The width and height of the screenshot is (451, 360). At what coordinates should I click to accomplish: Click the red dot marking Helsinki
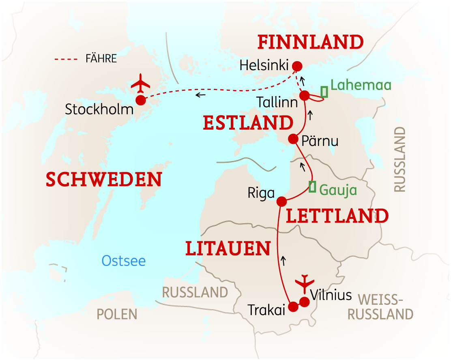click(297, 66)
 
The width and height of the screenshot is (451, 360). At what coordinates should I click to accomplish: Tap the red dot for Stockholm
click(141, 100)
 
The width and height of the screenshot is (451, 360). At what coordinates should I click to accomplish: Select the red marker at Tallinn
click(305, 96)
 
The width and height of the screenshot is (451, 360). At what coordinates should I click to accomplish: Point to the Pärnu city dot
click(293, 139)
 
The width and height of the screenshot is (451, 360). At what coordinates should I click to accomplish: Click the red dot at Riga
click(281, 201)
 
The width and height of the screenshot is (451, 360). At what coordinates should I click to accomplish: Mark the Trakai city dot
click(293, 307)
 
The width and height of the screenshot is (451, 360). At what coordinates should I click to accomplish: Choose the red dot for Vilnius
click(304, 302)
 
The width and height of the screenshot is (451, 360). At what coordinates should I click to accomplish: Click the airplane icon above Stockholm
click(141, 84)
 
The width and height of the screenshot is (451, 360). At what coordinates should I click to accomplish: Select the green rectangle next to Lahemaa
click(324, 92)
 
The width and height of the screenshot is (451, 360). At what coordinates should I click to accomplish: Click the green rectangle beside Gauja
click(312, 186)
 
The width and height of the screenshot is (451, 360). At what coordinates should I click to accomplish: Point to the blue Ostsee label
click(124, 261)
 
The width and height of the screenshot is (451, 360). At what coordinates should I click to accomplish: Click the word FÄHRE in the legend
click(101, 59)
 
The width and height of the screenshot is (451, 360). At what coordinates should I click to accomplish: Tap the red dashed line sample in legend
click(65, 59)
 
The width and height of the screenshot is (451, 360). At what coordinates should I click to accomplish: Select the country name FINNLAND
click(311, 42)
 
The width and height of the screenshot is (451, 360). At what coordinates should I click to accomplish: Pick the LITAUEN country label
click(228, 249)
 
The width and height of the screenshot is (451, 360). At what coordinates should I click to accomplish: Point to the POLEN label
click(117, 314)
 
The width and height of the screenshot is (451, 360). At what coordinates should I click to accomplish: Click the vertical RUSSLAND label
click(399, 159)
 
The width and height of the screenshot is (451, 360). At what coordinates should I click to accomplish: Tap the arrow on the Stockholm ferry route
click(200, 95)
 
